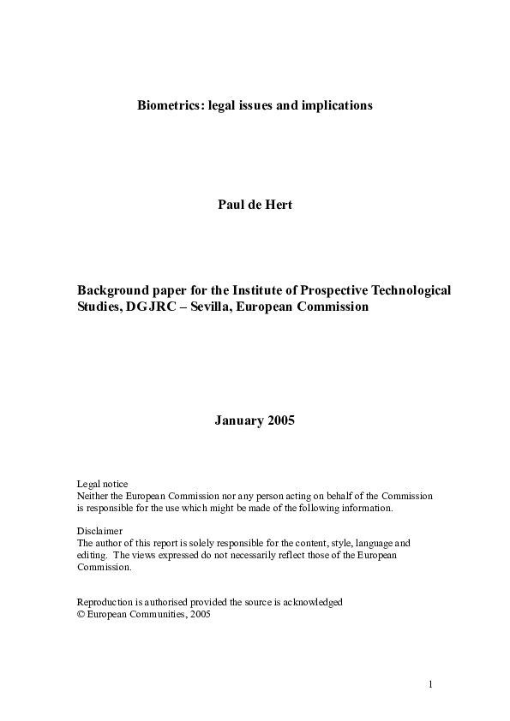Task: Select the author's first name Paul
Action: click(x=233, y=206)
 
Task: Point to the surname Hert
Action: click(x=279, y=206)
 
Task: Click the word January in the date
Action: click(x=237, y=420)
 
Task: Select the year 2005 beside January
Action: click(x=280, y=420)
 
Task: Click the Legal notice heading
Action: click(x=102, y=485)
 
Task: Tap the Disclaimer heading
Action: click(x=99, y=531)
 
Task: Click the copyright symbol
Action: click(x=81, y=614)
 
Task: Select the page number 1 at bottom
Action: click(x=431, y=684)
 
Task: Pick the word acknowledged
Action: click(x=314, y=602)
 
